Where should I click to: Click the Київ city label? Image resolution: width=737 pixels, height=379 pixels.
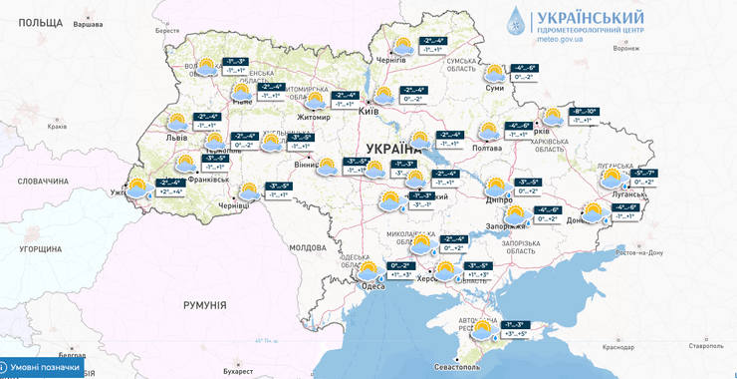(x=368, y=111)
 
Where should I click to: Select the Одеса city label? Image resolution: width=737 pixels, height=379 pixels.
(x=372, y=286)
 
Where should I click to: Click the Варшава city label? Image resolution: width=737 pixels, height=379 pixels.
(x=88, y=24)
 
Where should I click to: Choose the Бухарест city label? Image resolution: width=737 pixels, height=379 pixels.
(x=238, y=371)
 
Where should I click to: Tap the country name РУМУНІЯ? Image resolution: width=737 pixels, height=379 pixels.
(x=204, y=305)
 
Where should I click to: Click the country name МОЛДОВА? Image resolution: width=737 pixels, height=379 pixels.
(x=307, y=247)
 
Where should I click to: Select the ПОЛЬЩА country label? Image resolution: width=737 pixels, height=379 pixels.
(x=41, y=22)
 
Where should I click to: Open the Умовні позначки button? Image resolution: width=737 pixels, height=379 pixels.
(x=42, y=367)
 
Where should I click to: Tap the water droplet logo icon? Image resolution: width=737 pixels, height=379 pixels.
(x=515, y=22)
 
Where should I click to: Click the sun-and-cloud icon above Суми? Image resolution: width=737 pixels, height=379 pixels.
(x=495, y=73)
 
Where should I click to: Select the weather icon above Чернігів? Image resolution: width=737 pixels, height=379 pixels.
(x=402, y=46)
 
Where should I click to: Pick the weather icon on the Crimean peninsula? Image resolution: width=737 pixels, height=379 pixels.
(x=483, y=329)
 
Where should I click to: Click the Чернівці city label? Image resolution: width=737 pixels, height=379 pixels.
(x=234, y=204)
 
